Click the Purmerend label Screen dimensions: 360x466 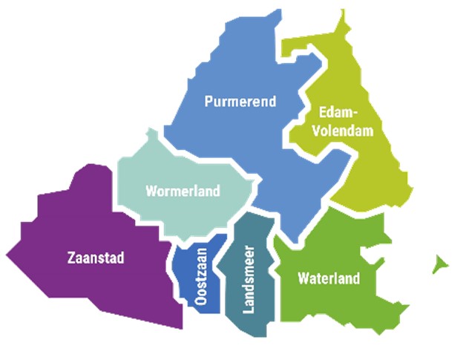[x=240, y=101]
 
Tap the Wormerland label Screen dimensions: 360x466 [x=183, y=192]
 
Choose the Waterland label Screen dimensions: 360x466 [x=328, y=279]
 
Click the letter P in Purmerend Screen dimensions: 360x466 [x=209, y=101]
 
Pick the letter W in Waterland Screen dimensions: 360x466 [x=302, y=279]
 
